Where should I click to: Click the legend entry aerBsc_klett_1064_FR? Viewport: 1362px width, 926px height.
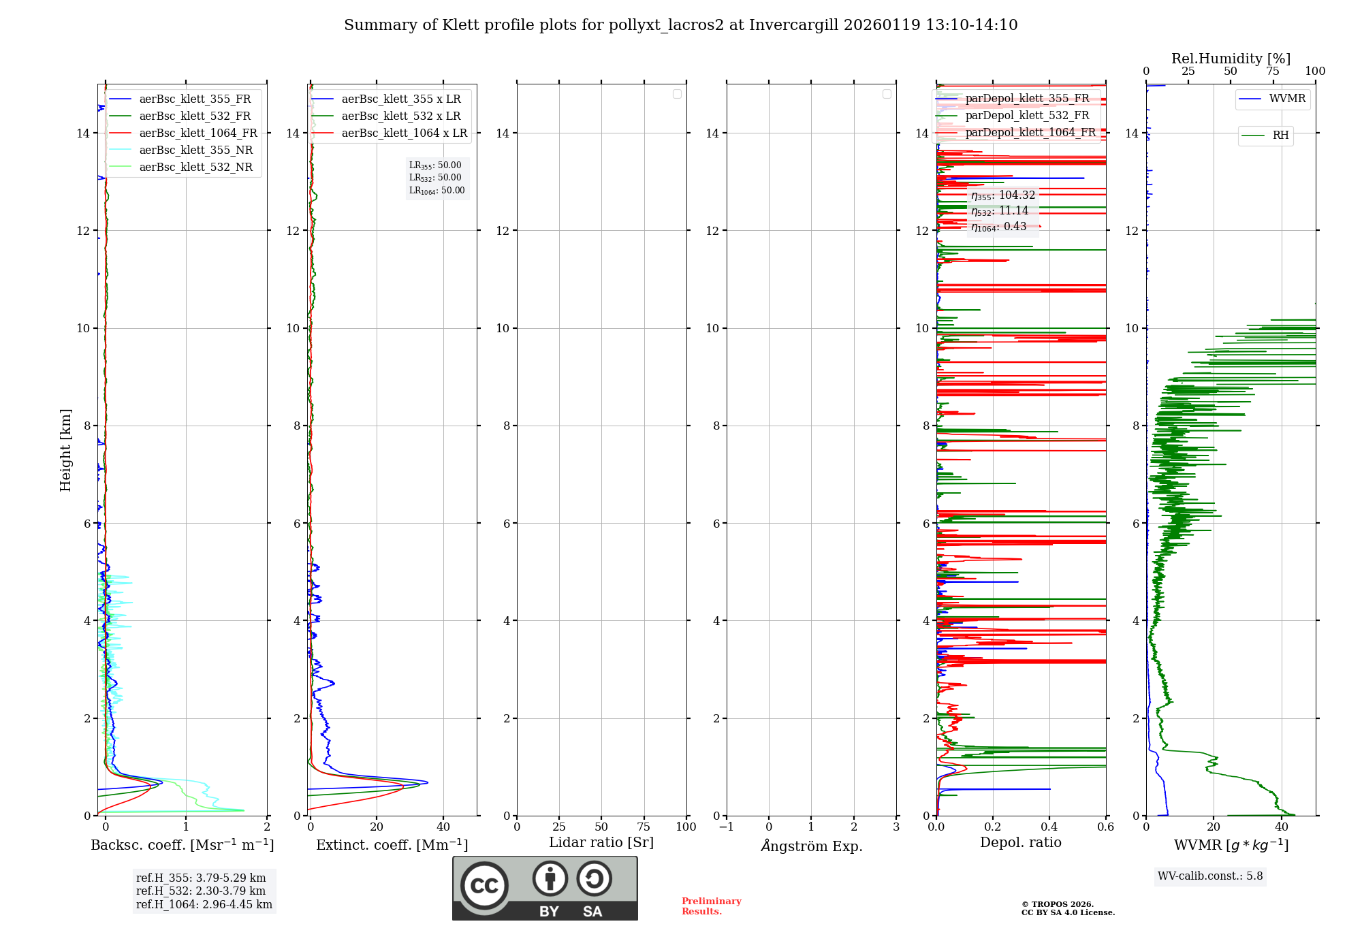point(198,133)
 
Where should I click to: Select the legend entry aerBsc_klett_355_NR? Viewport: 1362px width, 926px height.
point(195,150)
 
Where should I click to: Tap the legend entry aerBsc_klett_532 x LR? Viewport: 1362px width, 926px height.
point(401,116)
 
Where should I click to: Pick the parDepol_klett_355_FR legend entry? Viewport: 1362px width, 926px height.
point(1027,99)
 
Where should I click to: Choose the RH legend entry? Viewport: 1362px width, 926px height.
point(1280,135)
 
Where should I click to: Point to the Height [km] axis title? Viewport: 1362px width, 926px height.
point(65,450)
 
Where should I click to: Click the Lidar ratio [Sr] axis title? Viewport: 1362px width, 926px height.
point(601,843)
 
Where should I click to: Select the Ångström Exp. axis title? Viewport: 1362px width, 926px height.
point(811,846)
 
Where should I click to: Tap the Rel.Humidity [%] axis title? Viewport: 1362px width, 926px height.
point(1231,59)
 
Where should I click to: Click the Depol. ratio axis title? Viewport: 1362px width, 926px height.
point(1020,843)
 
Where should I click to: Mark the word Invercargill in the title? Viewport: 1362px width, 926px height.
point(793,25)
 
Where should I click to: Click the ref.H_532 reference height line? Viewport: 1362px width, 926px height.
point(201,891)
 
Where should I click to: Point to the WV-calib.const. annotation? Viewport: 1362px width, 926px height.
point(1210,876)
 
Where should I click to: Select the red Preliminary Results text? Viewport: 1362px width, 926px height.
point(711,906)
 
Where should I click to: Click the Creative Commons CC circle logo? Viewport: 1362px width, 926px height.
point(484,886)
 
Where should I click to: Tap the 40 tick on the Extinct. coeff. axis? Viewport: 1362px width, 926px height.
point(443,827)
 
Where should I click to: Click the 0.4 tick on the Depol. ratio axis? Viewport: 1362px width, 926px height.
point(1049,827)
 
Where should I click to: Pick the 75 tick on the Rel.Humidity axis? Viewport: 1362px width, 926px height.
point(1273,71)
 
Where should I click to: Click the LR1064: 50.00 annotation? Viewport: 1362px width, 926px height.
point(437,191)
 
